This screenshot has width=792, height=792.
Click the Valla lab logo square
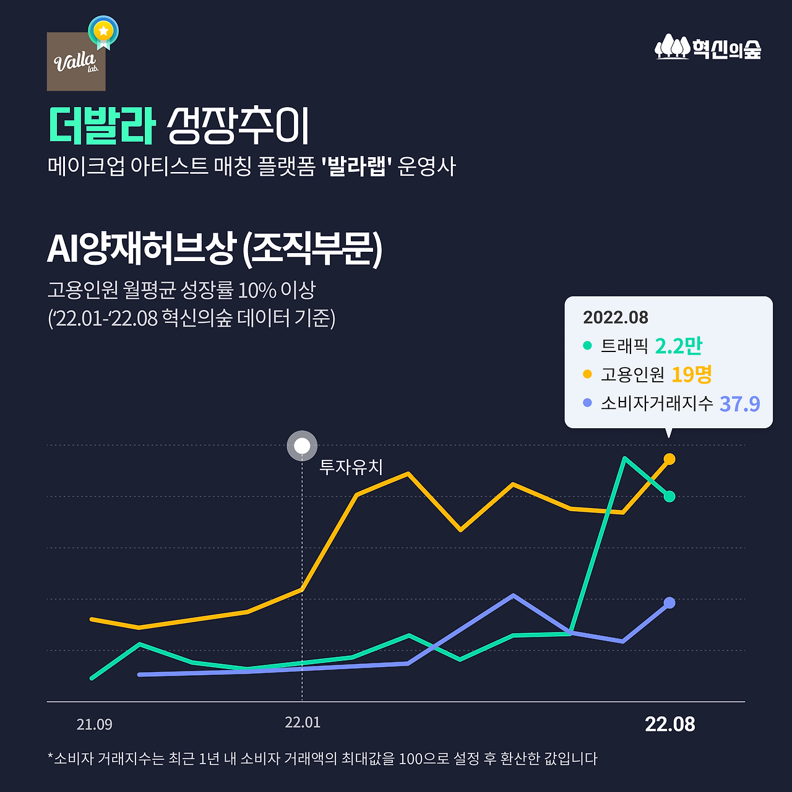[76, 62]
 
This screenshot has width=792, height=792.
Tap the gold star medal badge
[103, 31]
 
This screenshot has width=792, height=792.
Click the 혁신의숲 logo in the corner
[708, 47]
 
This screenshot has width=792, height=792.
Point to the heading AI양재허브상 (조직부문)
[215, 249]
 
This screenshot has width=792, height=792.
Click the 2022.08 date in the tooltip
[616, 317]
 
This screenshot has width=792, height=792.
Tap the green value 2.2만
[678, 346]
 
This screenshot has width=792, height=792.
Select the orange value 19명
[692, 374]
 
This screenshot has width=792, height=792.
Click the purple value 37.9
[739, 403]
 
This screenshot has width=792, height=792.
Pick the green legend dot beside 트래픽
[587, 346]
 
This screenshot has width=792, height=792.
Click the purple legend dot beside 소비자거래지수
[587, 403]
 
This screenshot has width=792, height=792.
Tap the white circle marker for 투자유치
[302, 445]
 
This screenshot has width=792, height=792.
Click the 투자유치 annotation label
[351, 467]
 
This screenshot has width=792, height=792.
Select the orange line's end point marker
[669, 459]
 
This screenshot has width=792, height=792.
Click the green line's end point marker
[669, 496]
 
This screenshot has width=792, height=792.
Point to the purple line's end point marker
[669, 603]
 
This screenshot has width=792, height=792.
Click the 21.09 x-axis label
[95, 725]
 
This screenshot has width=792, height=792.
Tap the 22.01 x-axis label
[303, 723]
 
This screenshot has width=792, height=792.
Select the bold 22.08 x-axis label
[669, 724]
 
